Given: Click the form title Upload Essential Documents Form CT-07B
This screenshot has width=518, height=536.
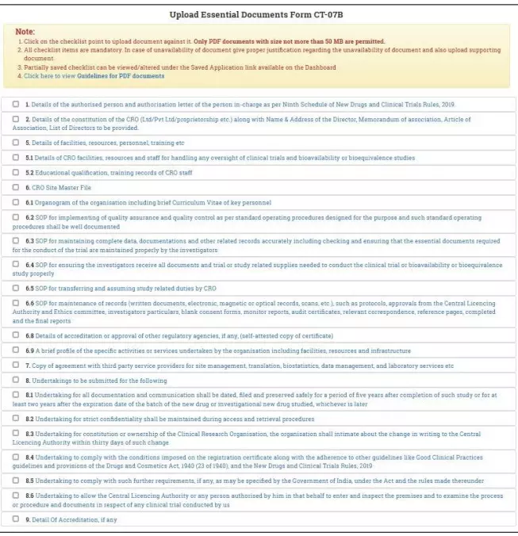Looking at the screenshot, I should pos(259,14).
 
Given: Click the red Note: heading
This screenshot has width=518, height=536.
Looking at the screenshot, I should pos(25,31).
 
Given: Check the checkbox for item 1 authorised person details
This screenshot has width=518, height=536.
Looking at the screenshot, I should pos(16,104).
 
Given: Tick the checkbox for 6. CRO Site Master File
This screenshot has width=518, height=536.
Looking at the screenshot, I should pos(16,187).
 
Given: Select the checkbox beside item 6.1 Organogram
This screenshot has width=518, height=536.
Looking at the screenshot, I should pos(16,202).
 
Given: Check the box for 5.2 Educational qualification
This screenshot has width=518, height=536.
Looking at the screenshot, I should pos(16,172).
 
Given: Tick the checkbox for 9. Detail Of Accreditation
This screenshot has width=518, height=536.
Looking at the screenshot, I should pos(16,519).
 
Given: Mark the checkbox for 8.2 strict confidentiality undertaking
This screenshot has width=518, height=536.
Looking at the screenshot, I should pos(16,418).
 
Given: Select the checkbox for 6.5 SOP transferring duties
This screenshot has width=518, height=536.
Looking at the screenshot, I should pos(16,287).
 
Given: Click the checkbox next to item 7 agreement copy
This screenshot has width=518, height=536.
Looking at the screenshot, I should pos(16,366).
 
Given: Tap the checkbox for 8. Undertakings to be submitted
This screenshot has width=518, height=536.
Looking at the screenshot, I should pos(16,381).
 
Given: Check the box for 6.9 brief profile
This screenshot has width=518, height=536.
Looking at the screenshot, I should pos(16,350).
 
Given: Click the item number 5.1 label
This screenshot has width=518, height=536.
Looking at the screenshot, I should pos(29,158).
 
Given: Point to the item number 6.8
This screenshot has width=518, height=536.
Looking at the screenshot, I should pos(29,335).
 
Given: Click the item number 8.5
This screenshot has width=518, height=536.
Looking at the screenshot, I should pos(29,480).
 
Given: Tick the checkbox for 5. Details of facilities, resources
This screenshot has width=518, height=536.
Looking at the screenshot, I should pos(16,143).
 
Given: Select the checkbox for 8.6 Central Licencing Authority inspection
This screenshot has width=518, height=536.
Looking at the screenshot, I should pos(16,495).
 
